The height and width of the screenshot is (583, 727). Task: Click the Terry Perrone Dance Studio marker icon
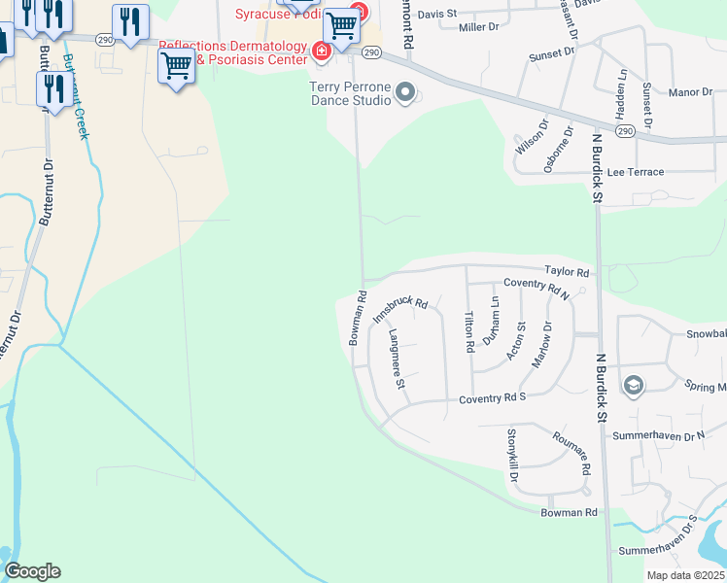tap(406, 93)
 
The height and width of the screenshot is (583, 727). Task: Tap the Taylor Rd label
tap(567, 273)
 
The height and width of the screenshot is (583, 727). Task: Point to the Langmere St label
tap(397, 359)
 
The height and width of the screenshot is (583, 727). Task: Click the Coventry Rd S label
tap(492, 398)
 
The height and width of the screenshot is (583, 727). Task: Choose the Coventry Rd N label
tap(536, 288)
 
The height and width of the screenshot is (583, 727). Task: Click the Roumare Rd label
tap(571, 453)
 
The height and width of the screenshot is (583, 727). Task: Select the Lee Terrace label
tap(635, 172)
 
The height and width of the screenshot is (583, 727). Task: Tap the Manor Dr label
tap(691, 92)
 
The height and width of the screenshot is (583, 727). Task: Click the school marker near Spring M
tap(633, 386)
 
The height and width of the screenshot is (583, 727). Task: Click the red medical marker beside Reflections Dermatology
tap(320, 51)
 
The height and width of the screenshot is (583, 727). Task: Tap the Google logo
tap(32, 571)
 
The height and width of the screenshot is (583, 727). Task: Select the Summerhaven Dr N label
tap(659, 436)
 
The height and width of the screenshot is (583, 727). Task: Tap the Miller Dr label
tap(477, 27)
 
